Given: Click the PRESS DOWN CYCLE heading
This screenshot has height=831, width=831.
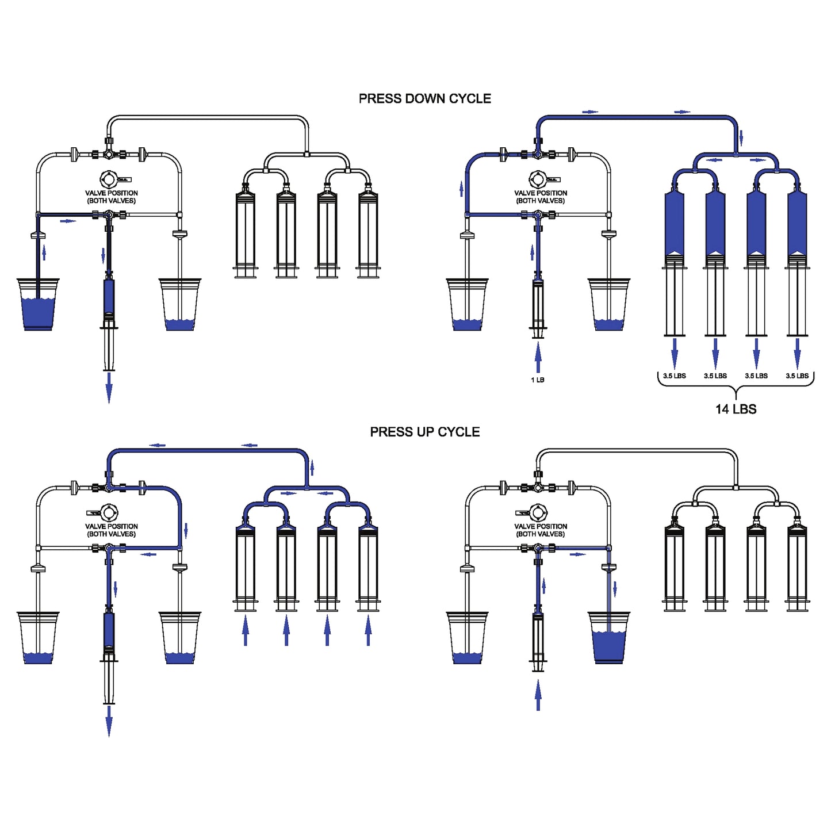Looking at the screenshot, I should (424, 98).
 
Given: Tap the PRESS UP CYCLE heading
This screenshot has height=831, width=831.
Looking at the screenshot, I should (424, 432).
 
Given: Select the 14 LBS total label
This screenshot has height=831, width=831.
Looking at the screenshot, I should (736, 409).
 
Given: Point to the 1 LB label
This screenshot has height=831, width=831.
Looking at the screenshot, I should (538, 380).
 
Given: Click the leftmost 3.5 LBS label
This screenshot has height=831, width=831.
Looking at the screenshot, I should (675, 376).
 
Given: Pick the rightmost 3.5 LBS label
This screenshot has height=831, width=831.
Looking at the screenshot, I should (797, 376).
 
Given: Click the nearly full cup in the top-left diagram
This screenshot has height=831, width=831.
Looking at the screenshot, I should (38, 305).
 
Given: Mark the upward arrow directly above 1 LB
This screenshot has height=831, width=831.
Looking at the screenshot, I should (538, 357).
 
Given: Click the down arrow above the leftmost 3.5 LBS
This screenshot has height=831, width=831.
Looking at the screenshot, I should (675, 352).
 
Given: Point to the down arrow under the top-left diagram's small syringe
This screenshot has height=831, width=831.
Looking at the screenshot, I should (109, 387).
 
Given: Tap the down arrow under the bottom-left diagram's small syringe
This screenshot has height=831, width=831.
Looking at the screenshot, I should (109, 720).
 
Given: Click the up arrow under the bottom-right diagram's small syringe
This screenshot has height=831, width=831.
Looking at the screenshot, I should (538, 695).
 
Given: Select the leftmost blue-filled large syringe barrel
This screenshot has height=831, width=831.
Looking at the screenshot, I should (675, 224).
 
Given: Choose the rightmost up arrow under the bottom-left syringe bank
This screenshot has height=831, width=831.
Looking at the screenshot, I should (368, 630).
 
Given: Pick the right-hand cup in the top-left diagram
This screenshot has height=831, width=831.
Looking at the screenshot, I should (180, 305).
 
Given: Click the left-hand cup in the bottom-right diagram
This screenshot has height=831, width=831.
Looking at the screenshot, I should (467, 638).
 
